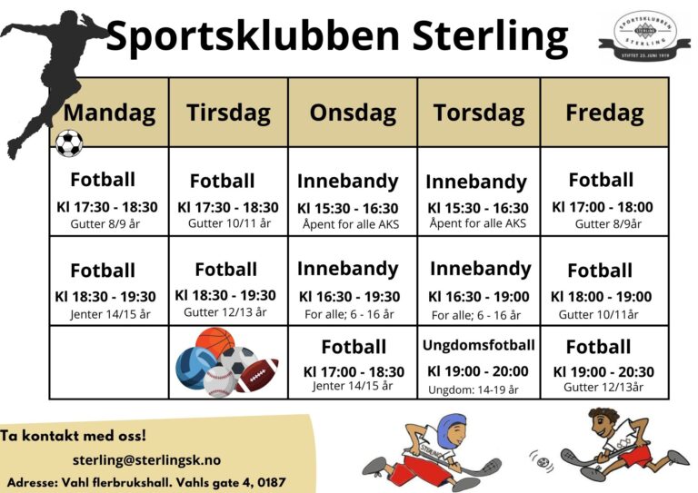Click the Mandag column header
click(109, 113)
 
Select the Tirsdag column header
click(228, 113)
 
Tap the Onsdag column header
click(353, 113)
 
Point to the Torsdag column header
click(479, 113)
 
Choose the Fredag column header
click(604, 113)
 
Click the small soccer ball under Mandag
click(69, 143)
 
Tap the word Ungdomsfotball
click(479, 345)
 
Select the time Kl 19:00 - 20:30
click(603, 371)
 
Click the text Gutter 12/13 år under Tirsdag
click(225, 312)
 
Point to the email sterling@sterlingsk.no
click(147, 460)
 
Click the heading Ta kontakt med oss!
click(74, 437)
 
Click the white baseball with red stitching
click(221, 381)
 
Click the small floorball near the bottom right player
click(543, 462)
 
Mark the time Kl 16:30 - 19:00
click(478, 296)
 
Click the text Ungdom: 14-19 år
click(473, 390)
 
